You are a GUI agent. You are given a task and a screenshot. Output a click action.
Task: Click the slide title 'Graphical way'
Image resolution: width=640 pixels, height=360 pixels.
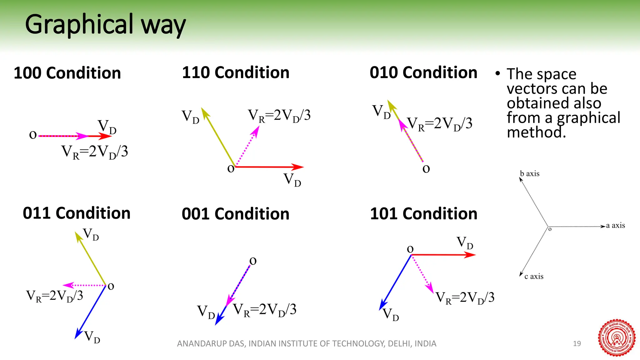tap(105, 25)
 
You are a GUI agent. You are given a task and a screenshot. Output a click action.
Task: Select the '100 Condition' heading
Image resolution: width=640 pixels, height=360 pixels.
tap(67, 73)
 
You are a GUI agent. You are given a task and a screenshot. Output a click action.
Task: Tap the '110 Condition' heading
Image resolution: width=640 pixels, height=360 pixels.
tap(236, 72)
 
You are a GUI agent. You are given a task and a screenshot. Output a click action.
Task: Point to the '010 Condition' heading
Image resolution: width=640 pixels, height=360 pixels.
tap(423, 72)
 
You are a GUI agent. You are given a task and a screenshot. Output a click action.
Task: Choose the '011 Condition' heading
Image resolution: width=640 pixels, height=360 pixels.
tap(77, 213)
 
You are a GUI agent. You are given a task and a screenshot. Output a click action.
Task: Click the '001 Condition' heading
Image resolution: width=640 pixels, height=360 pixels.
tap(236, 214)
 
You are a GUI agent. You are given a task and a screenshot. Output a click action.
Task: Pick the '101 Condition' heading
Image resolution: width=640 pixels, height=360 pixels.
tap(423, 214)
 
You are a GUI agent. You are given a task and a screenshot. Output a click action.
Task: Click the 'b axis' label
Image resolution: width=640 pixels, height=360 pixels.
tap(530, 174)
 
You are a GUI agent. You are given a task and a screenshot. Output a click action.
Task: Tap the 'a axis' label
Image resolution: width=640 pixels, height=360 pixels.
tap(615, 225)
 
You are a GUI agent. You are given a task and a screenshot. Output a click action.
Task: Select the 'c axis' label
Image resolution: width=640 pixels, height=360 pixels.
tap(534, 276)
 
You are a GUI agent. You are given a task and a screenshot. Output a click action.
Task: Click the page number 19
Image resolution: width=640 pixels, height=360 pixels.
tap(577, 343)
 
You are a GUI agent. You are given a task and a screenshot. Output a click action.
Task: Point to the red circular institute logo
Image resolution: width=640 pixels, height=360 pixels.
tap(617, 338)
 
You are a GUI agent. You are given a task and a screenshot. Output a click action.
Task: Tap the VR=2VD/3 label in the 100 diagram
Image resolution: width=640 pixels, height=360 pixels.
tap(95, 152)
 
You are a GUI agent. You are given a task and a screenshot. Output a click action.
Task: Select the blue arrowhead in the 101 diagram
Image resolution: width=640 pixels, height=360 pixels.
tap(382, 305)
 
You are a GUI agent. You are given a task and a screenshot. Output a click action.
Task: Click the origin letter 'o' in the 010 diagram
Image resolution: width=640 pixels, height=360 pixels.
tap(426, 169)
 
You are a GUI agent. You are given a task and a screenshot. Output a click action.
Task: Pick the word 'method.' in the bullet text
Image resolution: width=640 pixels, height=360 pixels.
tap(536, 132)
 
